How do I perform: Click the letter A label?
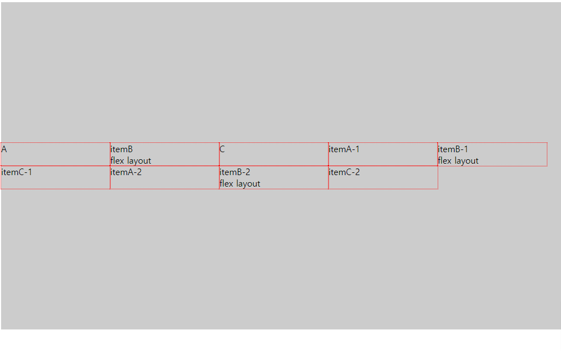click(4, 149)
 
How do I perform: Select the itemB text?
click(122, 149)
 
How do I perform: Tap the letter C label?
click(222, 149)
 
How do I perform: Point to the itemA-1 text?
click(344, 149)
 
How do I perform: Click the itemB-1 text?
click(453, 149)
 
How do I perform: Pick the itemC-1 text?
click(17, 172)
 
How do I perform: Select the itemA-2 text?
click(126, 172)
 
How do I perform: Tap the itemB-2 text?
click(235, 172)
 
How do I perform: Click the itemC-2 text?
click(344, 172)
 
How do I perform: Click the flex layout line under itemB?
click(131, 160)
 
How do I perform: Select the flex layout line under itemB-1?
click(458, 160)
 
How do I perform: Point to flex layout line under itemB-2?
click(240, 184)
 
